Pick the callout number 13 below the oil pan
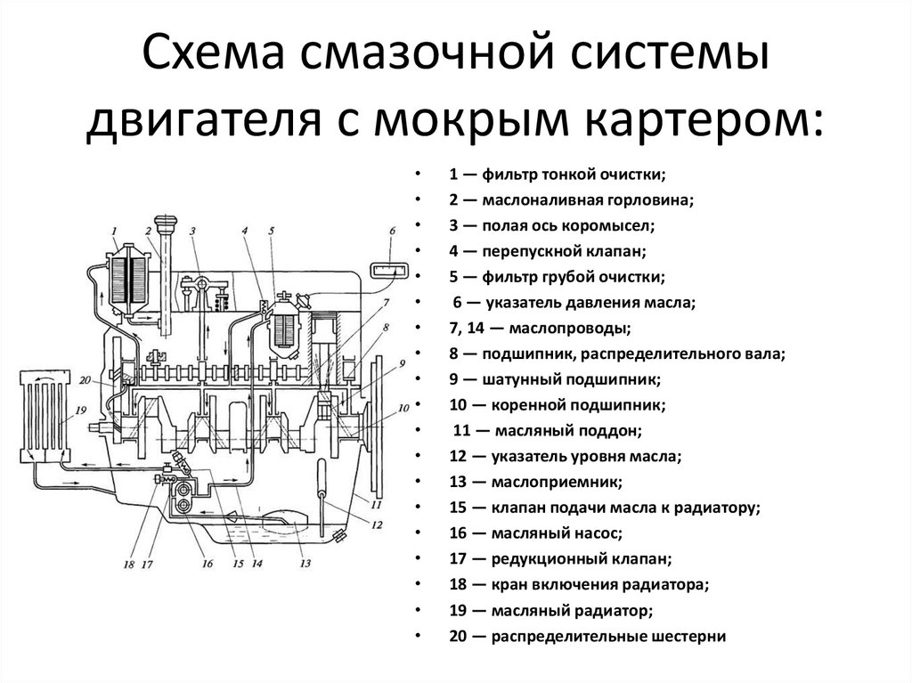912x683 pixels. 305,564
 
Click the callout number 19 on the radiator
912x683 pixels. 79,411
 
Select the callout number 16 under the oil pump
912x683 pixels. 207,564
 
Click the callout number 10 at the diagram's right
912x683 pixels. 403,407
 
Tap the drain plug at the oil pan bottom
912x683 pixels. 338,534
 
